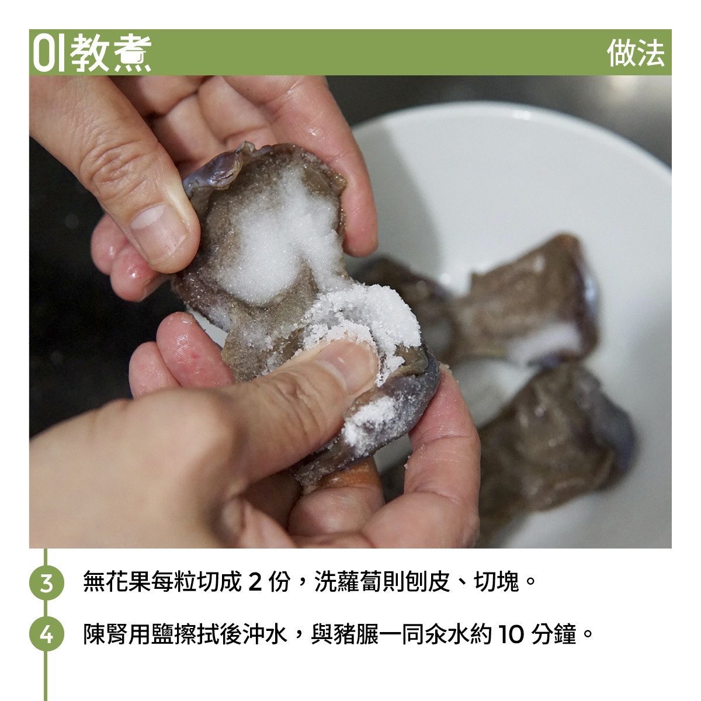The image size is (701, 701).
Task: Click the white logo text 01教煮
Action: pyautogui.click(x=92, y=53)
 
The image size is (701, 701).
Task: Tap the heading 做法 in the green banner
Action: pyautogui.click(x=636, y=53)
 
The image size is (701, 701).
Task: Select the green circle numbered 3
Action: pyautogui.click(x=46, y=582)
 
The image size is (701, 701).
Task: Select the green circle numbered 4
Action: pyautogui.click(x=46, y=634)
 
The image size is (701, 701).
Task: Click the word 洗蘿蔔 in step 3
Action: pyautogui.click(x=348, y=581)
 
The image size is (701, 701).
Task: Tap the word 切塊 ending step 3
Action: pyautogui.click(x=496, y=581)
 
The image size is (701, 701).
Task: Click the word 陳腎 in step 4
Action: pyautogui.click(x=106, y=634)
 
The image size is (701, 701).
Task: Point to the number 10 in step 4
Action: pyautogui.click(x=511, y=634)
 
